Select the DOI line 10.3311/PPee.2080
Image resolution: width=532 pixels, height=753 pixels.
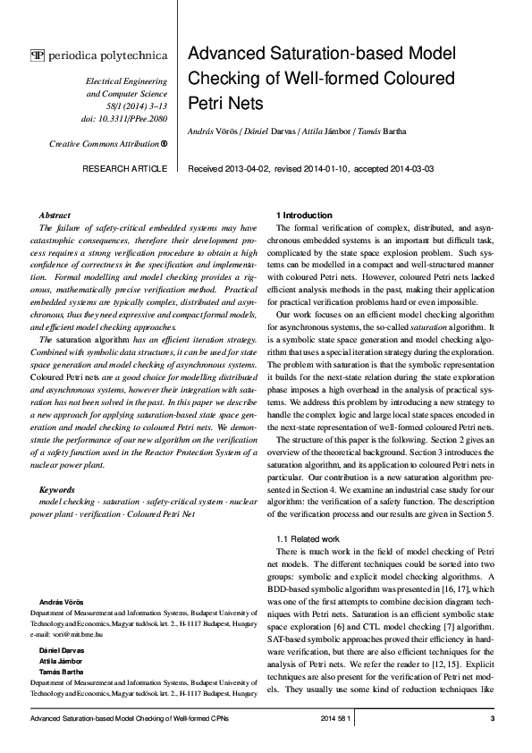point(126,118)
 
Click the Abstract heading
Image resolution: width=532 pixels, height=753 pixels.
point(55,216)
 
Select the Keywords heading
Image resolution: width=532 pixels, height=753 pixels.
point(58,489)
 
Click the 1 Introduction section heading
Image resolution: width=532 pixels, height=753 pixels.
point(307,216)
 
